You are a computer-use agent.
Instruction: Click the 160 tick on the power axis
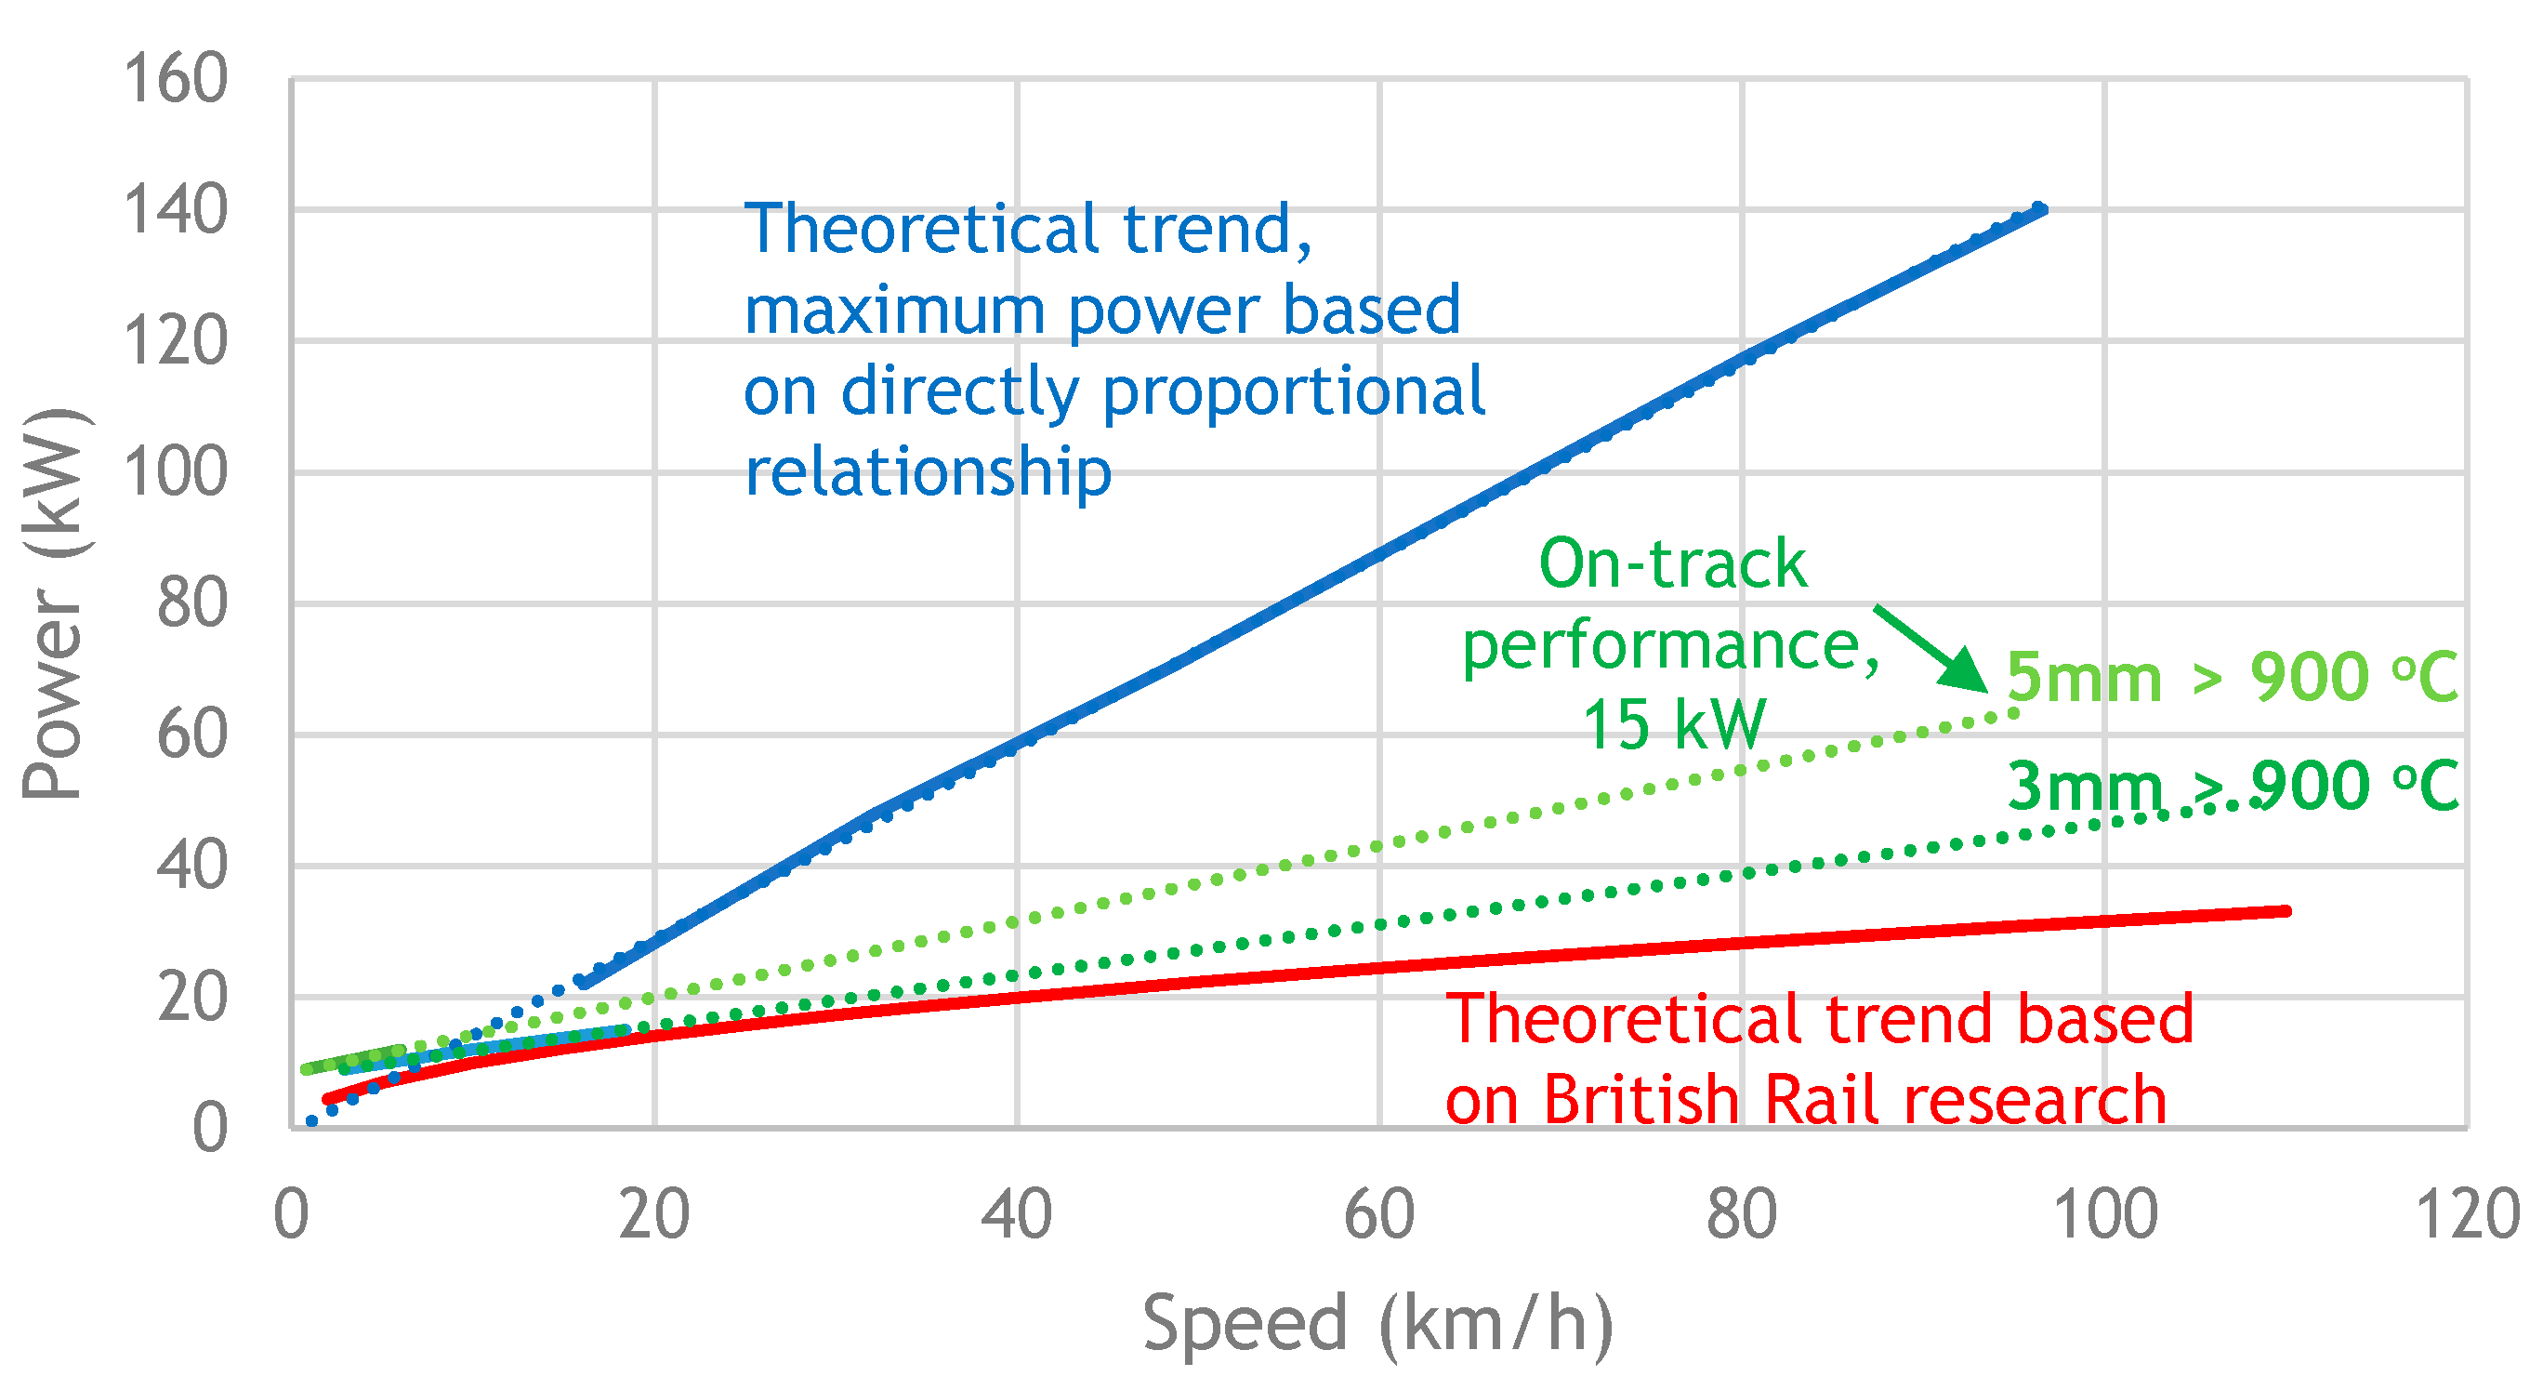pyautogui.click(x=175, y=79)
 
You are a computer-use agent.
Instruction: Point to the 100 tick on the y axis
pyautogui.click(x=175, y=472)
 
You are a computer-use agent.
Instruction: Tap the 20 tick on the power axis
pyautogui.click(x=191, y=997)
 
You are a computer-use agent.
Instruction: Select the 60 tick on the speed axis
pyautogui.click(x=1379, y=1216)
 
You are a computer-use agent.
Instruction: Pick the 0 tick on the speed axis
pyautogui.click(x=291, y=1216)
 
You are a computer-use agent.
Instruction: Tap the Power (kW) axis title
pyautogui.click(x=53, y=602)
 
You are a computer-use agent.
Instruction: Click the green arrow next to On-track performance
pyautogui.click(x=1930, y=649)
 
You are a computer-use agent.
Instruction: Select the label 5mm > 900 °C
pyautogui.click(x=2231, y=678)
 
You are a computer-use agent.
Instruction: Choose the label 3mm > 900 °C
pyautogui.click(x=2231, y=787)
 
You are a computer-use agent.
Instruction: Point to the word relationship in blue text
pyautogui.click(x=927, y=472)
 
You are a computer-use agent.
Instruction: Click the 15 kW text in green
pyautogui.click(x=1672, y=725)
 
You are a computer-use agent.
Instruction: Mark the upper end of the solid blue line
pyautogui.click(x=2041, y=209)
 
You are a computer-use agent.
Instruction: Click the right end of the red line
pyautogui.click(x=2286, y=911)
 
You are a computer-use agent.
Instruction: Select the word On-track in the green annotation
pyautogui.click(x=1672, y=564)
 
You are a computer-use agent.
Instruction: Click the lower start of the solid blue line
pyautogui.click(x=584, y=984)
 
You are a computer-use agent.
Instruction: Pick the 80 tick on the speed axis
pyautogui.click(x=1742, y=1216)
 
